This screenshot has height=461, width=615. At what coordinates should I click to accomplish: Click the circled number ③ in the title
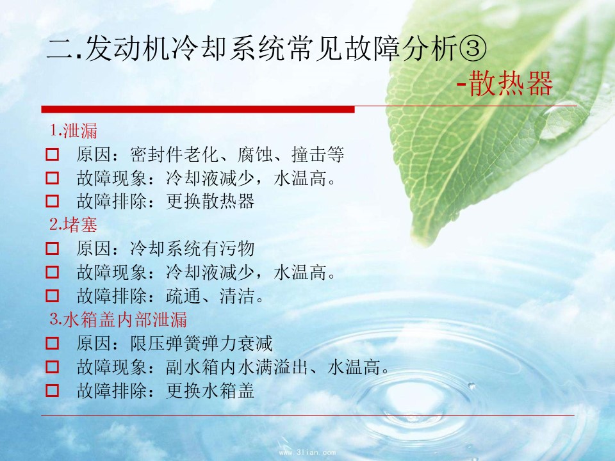coord(472,49)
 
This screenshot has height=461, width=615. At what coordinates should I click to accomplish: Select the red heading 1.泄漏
coord(73,131)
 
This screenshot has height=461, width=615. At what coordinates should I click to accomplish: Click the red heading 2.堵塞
coord(73,225)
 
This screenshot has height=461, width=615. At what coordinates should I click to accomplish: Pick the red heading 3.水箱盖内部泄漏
coord(118,319)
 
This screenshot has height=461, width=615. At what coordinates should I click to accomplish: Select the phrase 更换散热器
coord(210,201)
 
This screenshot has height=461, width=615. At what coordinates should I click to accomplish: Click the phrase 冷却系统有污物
coord(192,248)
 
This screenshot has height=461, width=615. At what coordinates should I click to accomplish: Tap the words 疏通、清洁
coord(210,296)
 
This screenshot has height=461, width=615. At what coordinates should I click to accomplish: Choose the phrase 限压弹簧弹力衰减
coord(201,343)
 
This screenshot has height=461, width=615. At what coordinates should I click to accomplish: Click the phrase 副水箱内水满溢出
coord(236,367)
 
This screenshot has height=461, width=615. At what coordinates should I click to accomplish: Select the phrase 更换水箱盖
coord(210,391)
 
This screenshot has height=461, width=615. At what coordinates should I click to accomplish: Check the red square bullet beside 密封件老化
coord(52,154)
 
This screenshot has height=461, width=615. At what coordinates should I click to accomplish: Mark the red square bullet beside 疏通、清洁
coord(52,296)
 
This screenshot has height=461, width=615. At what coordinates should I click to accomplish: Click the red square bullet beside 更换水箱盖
coord(52,391)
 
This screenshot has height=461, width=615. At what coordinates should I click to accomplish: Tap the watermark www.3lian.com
coord(307,452)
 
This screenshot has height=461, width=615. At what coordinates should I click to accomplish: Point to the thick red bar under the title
coord(198,109)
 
